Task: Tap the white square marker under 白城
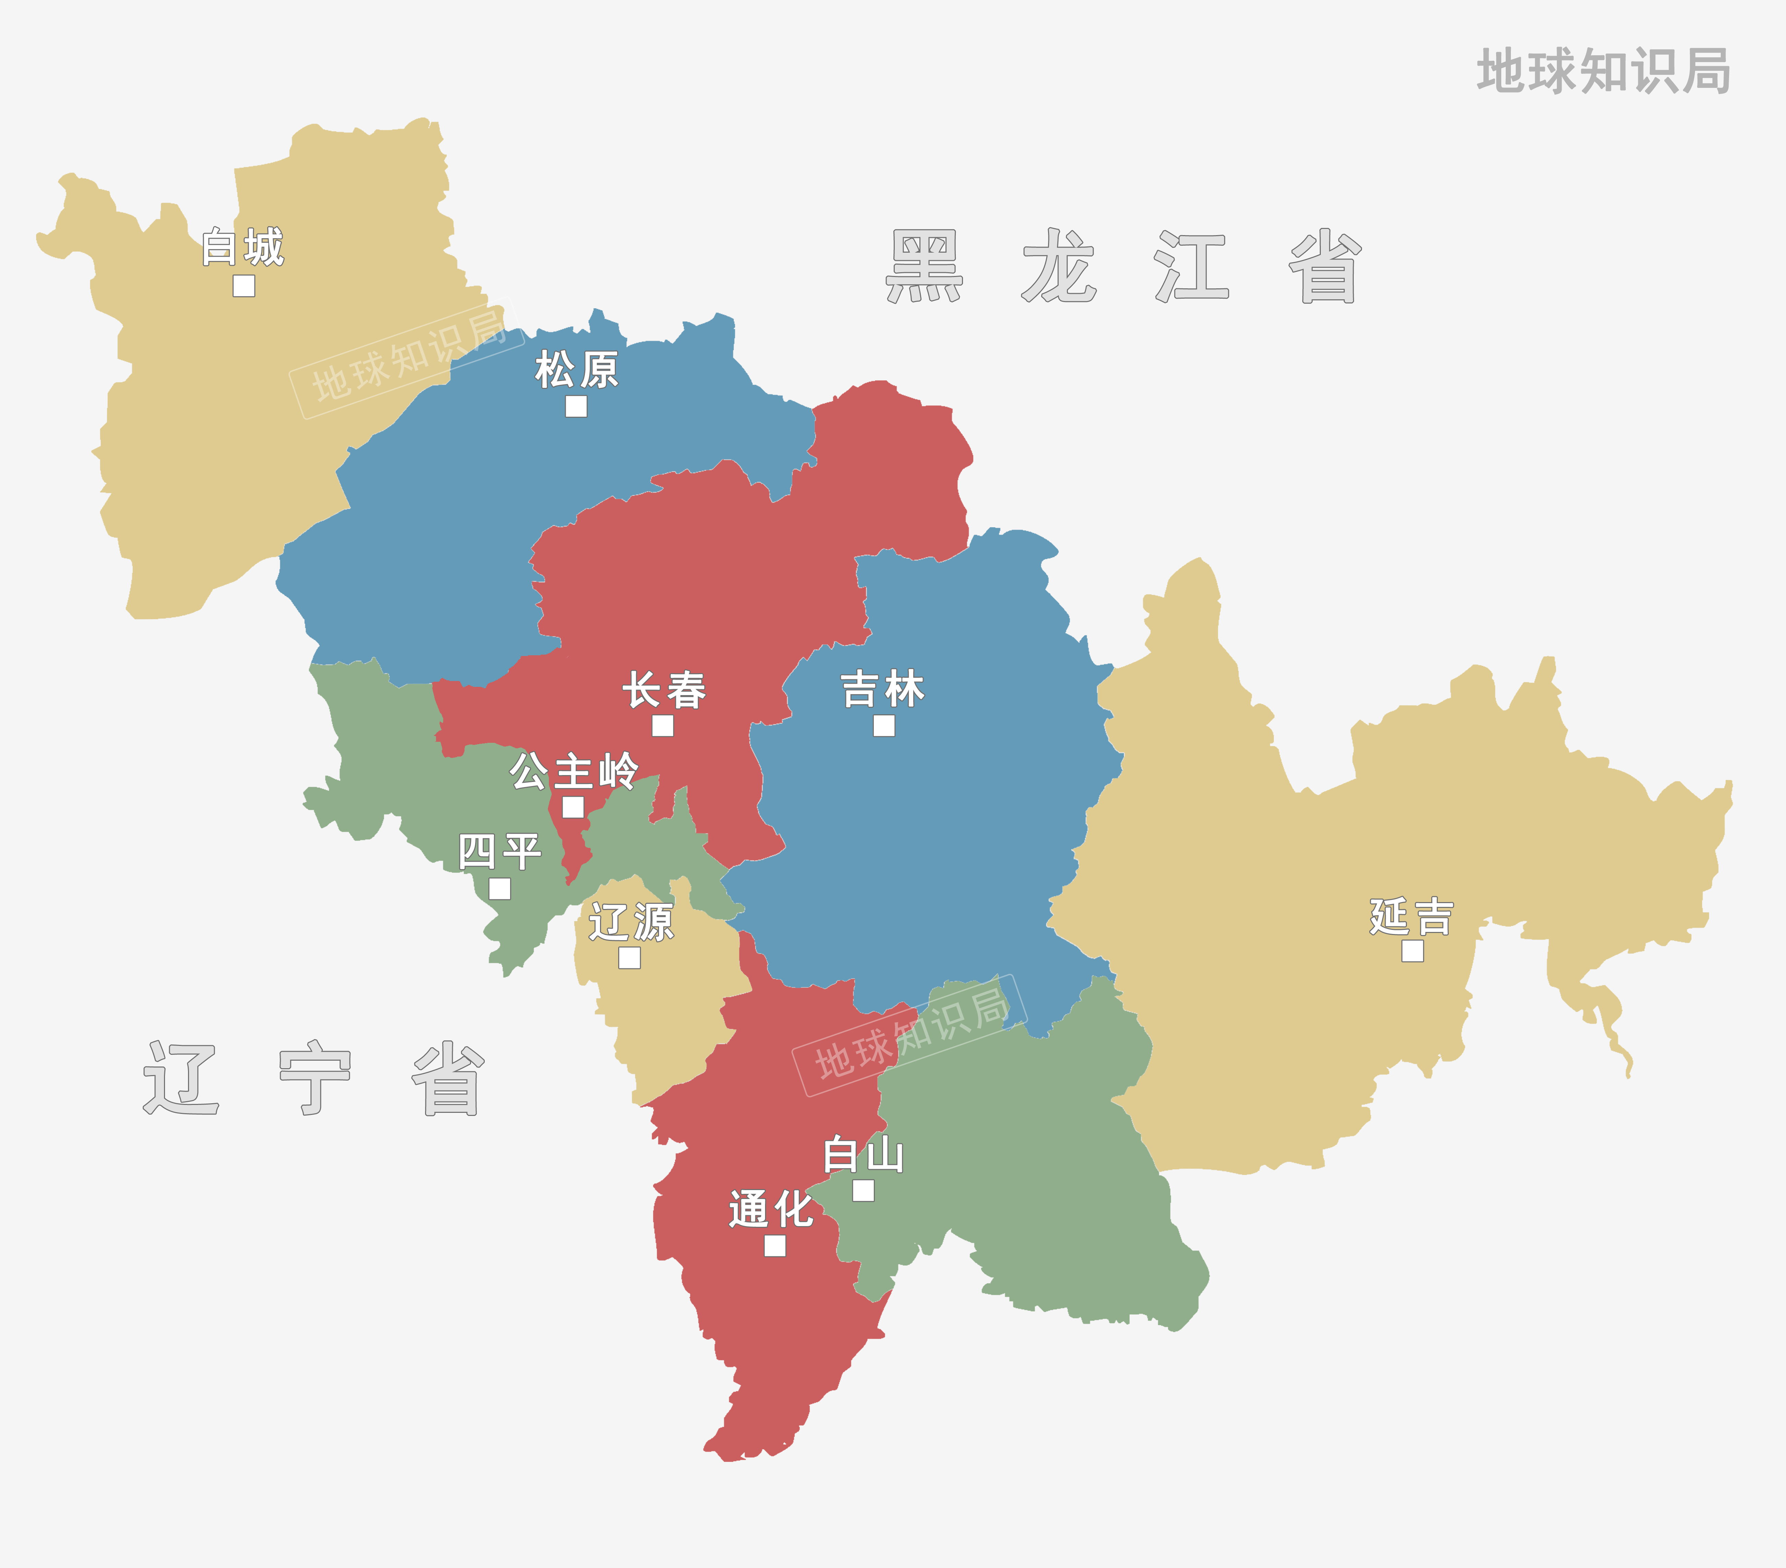pos(244,286)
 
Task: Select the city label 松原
pos(577,370)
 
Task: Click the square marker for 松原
pos(576,406)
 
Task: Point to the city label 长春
pos(664,691)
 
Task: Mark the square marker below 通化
pos(774,1245)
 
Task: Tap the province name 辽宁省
pos(313,1078)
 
